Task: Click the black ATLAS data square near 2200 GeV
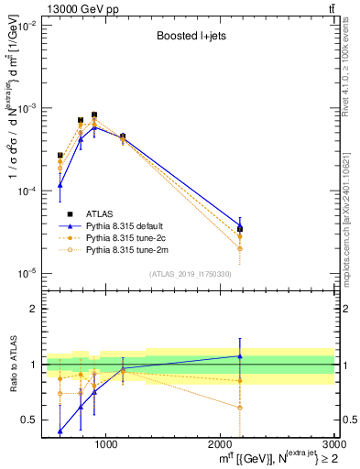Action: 240,229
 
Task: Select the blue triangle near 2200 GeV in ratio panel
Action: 240,356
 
